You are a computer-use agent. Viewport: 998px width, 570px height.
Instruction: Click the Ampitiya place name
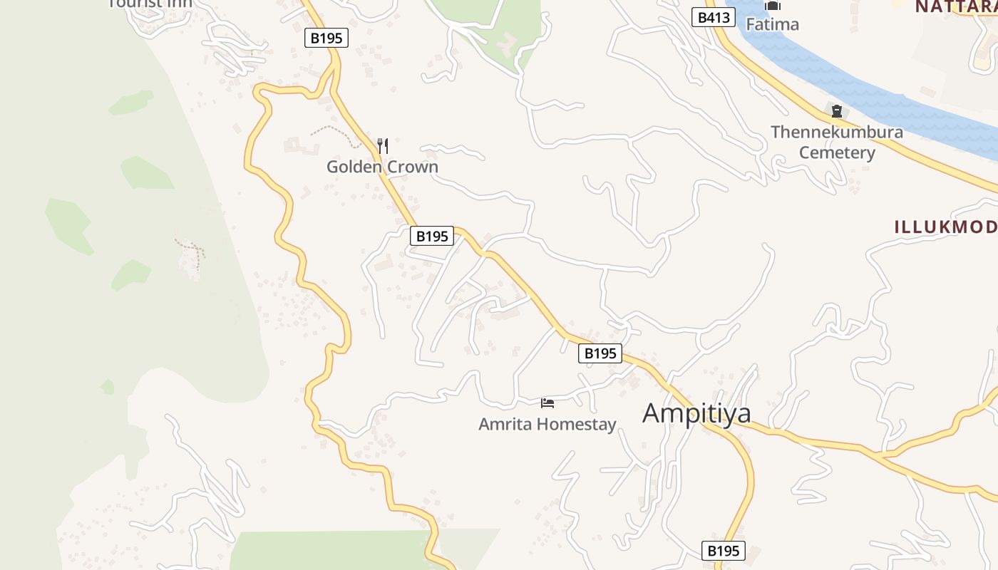pos(696,413)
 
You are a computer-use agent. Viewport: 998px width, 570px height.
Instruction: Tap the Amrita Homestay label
pos(547,425)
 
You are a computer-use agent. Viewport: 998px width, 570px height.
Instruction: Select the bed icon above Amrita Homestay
pos(547,403)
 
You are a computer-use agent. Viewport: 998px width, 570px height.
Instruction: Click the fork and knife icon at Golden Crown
pos(383,146)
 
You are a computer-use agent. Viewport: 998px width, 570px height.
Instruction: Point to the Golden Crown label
pos(382,167)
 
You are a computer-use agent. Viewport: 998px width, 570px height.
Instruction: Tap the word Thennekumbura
pos(836,132)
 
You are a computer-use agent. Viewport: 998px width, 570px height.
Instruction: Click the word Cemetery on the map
pos(836,152)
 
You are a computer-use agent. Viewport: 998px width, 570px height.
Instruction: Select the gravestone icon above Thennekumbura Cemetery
pos(836,111)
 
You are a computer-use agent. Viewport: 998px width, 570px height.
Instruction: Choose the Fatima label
pos(772,24)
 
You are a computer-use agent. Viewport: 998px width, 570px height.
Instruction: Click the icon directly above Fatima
pos(773,6)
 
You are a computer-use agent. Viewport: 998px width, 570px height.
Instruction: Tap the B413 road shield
pos(713,17)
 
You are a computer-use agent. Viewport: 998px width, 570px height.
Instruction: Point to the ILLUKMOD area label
pos(945,227)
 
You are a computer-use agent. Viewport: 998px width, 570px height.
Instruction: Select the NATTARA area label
pos(955,6)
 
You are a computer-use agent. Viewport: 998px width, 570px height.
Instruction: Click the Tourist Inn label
pos(150,4)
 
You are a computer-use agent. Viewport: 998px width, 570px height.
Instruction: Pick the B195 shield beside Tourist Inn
pos(326,38)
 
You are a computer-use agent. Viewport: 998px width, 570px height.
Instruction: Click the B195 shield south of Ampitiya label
pos(724,550)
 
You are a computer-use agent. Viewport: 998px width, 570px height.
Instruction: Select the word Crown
pos(413,167)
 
